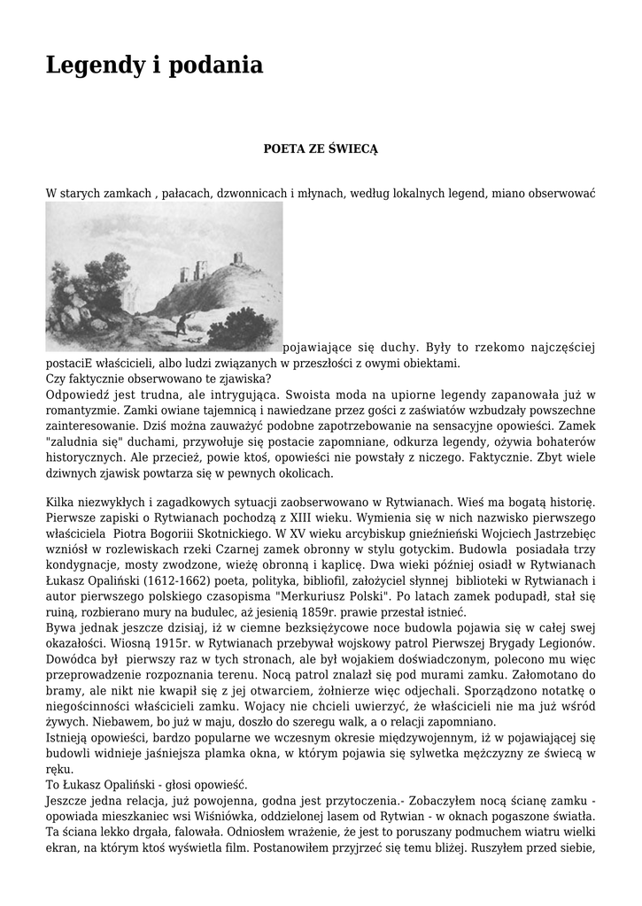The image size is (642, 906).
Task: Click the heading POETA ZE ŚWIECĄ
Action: (x=321, y=149)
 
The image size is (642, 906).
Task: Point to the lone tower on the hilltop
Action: (x=238, y=258)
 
